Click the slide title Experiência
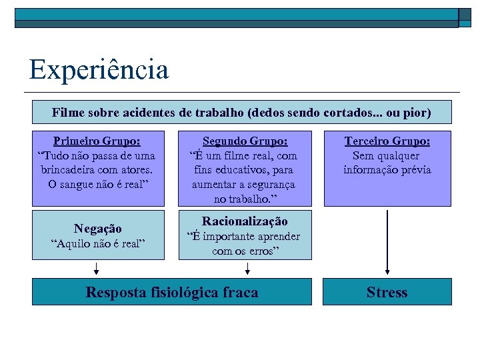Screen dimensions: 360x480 [x=99, y=69]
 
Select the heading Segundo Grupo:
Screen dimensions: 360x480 [x=245, y=141]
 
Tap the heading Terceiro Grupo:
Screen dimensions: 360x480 [x=387, y=141]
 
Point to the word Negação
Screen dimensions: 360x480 [x=97, y=229]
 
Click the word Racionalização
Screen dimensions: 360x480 [x=245, y=221]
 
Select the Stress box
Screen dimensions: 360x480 [x=387, y=292]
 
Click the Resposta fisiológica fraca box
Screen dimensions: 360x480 [x=171, y=292]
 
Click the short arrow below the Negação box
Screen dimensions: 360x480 [x=97, y=268]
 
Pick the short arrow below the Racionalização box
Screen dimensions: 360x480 [x=248, y=268]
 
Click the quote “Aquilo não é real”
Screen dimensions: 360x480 [x=97, y=243]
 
